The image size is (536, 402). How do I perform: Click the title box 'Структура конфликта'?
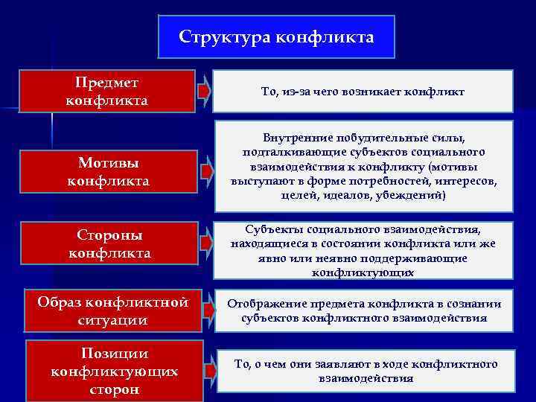(x=276, y=36)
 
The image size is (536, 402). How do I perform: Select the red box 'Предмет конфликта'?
(x=107, y=91)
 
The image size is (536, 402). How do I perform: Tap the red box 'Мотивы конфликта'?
(x=109, y=171)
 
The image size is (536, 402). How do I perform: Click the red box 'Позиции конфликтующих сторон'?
(x=114, y=371)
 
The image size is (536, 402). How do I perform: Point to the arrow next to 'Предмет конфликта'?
(x=204, y=91)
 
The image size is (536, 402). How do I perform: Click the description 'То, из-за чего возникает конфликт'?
(x=363, y=91)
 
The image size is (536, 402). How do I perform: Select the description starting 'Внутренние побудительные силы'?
(x=363, y=166)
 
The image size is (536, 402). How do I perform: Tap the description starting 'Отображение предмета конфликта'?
(x=363, y=311)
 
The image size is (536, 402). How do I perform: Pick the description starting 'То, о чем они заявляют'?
(x=363, y=371)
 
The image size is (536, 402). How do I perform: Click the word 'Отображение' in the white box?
(x=264, y=304)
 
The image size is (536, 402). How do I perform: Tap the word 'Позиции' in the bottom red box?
(x=114, y=354)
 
